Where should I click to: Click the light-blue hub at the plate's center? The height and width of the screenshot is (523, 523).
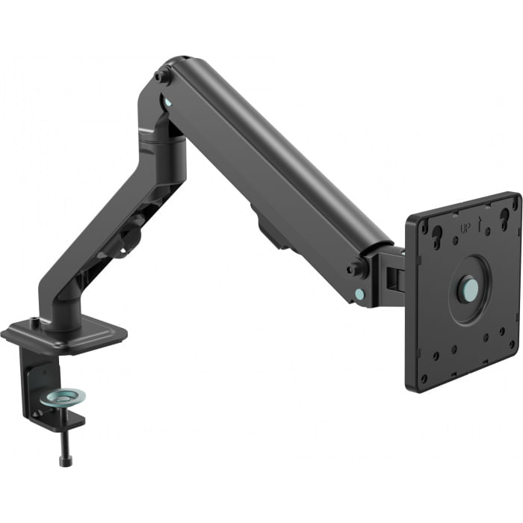(x=468, y=288)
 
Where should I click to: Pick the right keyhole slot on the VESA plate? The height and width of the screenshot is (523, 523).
(x=504, y=217)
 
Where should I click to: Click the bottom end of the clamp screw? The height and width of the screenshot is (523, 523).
(x=65, y=460)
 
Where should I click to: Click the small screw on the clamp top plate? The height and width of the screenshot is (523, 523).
(x=34, y=322)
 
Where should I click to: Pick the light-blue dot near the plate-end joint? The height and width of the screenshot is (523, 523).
(x=362, y=294)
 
